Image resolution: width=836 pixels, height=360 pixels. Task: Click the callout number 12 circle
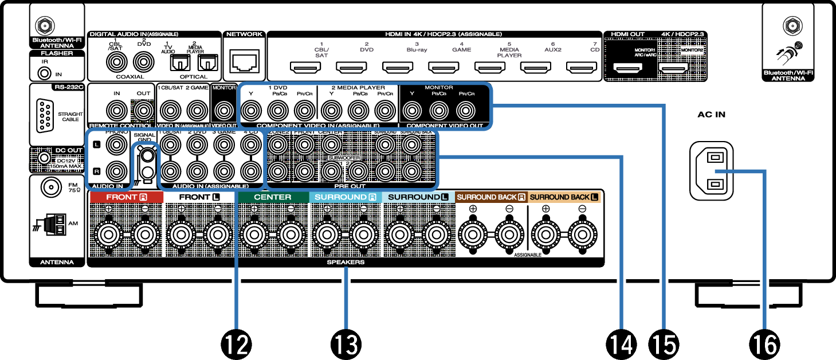coord(236,344)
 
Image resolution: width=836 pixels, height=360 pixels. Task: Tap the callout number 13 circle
coord(346,344)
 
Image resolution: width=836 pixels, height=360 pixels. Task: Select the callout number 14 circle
coord(622,344)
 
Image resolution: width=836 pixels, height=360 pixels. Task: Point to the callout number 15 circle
coord(664,344)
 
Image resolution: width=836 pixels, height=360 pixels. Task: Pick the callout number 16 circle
coord(766,344)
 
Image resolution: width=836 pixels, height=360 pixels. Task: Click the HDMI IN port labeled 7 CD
coord(582,69)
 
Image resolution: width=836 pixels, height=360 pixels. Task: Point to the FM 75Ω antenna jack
coord(51,187)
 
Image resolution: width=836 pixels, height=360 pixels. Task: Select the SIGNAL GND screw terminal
coord(147,155)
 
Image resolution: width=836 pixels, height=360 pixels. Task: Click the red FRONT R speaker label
coord(125,197)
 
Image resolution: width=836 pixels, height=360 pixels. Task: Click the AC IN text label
coord(712,114)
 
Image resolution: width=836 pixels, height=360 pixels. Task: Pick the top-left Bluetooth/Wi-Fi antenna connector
coord(42,26)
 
